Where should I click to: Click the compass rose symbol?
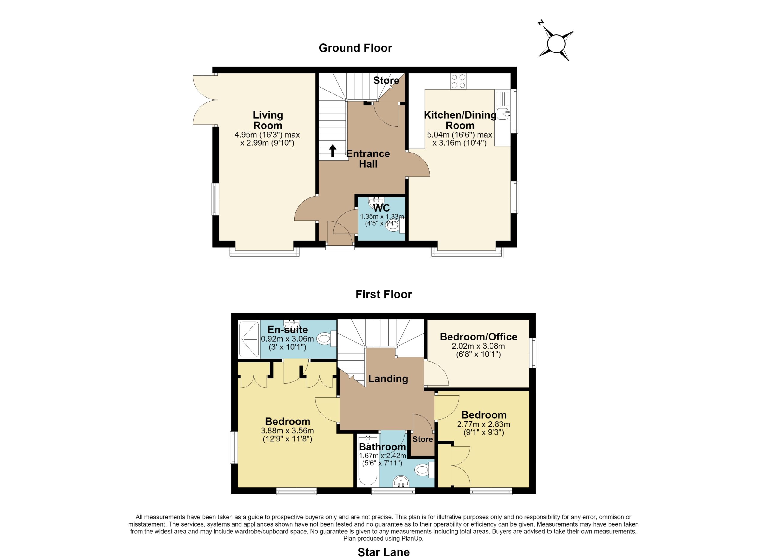[556, 44]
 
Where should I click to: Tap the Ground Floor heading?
[355, 48]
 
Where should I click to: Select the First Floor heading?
[383, 294]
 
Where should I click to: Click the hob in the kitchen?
[458, 81]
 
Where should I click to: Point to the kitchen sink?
[504, 114]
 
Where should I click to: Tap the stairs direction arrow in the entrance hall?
[333, 151]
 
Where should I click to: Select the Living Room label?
[268, 120]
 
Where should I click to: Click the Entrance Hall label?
[368, 159]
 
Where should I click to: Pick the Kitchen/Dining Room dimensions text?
[459, 139]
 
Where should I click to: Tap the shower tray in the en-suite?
[249, 339]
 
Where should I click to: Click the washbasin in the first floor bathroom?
[401, 481]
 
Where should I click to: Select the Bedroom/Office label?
[478, 337]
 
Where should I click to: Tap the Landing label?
[388, 379]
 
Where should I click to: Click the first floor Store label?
[422, 439]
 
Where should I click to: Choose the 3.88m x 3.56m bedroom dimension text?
[287, 435]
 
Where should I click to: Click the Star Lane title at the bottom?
[383, 552]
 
